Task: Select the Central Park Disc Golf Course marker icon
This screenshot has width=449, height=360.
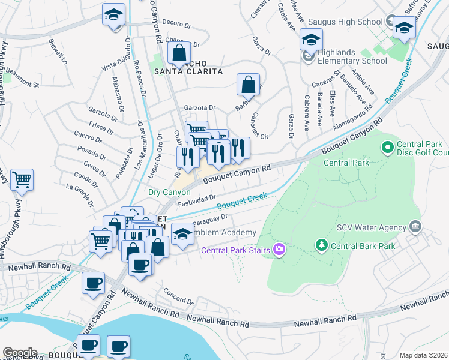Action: (x=387, y=146)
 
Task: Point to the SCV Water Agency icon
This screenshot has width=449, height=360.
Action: (x=415, y=226)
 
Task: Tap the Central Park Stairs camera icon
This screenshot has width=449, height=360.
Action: (x=279, y=250)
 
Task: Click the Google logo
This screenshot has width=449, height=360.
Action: (x=19, y=353)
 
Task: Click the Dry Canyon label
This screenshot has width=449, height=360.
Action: (x=170, y=192)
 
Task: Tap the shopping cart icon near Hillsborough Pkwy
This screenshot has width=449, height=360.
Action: (x=22, y=179)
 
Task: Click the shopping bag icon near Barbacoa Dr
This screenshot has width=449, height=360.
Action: (x=248, y=85)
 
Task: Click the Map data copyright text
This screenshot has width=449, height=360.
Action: (x=423, y=355)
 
